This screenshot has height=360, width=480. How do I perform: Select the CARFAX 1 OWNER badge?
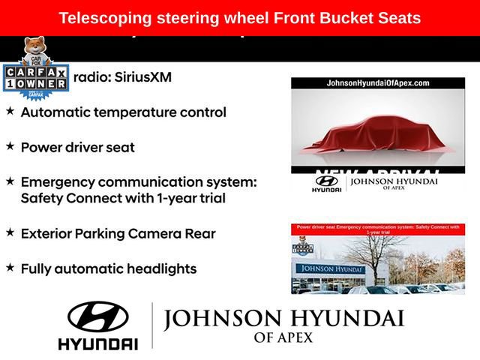point(34,78)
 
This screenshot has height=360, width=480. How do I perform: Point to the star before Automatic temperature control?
point(10,112)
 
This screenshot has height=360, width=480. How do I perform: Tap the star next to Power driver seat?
point(10,146)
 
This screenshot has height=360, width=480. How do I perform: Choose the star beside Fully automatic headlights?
point(10,267)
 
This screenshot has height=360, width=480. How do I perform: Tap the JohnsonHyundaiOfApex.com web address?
point(378,83)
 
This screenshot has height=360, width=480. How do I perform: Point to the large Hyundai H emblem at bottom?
point(97,317)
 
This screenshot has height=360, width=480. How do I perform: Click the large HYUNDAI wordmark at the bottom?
point(97,343)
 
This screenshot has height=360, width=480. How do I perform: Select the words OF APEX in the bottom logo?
point(283,337)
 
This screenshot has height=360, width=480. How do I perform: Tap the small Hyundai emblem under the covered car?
point(326,181)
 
